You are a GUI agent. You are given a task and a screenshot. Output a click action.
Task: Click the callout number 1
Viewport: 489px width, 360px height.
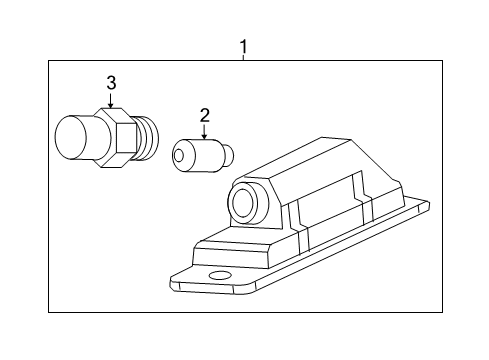point(242,45)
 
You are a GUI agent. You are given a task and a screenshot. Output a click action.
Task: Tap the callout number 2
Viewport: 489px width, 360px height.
point(203,115)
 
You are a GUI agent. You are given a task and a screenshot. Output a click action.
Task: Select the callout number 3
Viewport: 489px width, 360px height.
point(112,83)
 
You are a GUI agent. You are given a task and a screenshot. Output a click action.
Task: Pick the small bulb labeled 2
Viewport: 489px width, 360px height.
point(200,156)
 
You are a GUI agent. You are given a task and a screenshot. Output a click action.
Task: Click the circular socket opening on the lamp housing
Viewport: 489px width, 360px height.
point(243,205)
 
